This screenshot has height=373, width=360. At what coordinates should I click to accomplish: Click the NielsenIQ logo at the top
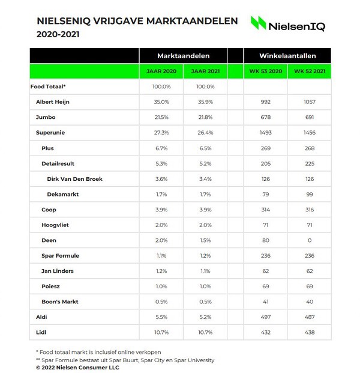tap(288, 24)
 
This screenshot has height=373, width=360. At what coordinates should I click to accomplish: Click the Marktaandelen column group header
tap(183, 55)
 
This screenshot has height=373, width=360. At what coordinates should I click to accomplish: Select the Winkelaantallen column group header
tap(287, 55)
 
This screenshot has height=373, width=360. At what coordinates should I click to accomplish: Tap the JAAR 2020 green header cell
tap(161, 71)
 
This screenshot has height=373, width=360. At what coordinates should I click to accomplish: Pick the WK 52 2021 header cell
tap(310, 71)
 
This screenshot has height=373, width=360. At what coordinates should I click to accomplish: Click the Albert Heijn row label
tap(53, 102)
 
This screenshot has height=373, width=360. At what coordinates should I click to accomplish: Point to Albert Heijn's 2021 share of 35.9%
tap(205, 102)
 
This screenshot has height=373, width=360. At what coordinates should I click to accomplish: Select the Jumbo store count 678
tap(266, 117)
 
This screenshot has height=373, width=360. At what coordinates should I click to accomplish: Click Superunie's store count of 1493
tap(266, 133)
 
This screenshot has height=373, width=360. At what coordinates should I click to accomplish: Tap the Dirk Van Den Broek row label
tap(74, 179)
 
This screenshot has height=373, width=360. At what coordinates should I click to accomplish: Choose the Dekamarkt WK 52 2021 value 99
tap(310, 195)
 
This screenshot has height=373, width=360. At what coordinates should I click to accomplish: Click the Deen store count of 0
tap(310, 241)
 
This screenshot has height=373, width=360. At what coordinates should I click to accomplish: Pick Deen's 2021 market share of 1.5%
tap(205, 241)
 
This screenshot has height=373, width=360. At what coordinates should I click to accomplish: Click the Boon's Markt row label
tap(60, 302)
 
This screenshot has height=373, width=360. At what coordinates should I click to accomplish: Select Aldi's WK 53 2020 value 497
tap(266, 317)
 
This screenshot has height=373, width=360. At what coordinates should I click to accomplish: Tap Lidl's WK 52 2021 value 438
tap(310, 332)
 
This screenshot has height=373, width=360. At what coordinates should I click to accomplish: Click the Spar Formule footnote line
tap(121, 360)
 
